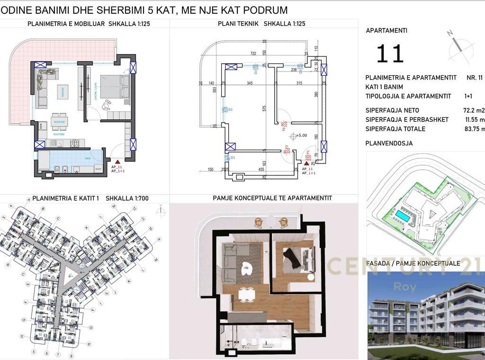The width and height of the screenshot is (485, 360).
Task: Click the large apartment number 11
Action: [390, 54]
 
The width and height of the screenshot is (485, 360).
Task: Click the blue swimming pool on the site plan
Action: [403, 216]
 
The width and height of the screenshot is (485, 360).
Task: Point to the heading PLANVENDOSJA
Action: [389, 143]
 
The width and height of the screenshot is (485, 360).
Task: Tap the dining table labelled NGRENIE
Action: [59, 121]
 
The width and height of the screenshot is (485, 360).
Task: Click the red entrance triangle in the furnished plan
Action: [117, 162]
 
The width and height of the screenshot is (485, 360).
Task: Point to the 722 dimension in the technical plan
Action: [253, 54]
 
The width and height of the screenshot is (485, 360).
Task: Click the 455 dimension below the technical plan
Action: [261, 169]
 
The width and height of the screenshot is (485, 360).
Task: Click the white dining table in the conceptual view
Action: [245, 294]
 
